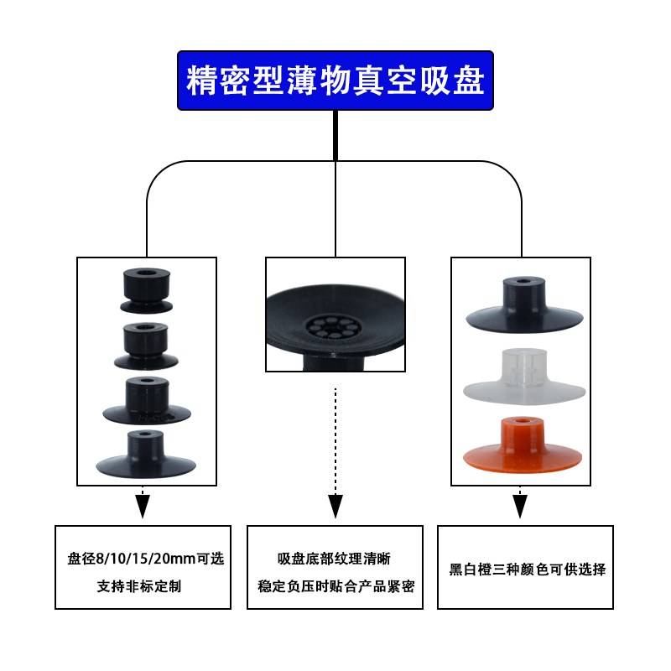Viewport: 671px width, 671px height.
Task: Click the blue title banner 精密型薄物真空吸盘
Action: [x=335, y=80]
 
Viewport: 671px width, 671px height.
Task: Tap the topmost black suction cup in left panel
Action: [x=146, y=289]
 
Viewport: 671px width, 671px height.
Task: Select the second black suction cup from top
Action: [x=146, y=344]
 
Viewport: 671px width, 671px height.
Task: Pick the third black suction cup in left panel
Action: [x=146, y=401]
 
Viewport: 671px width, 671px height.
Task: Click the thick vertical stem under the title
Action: [x=335, y=134]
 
